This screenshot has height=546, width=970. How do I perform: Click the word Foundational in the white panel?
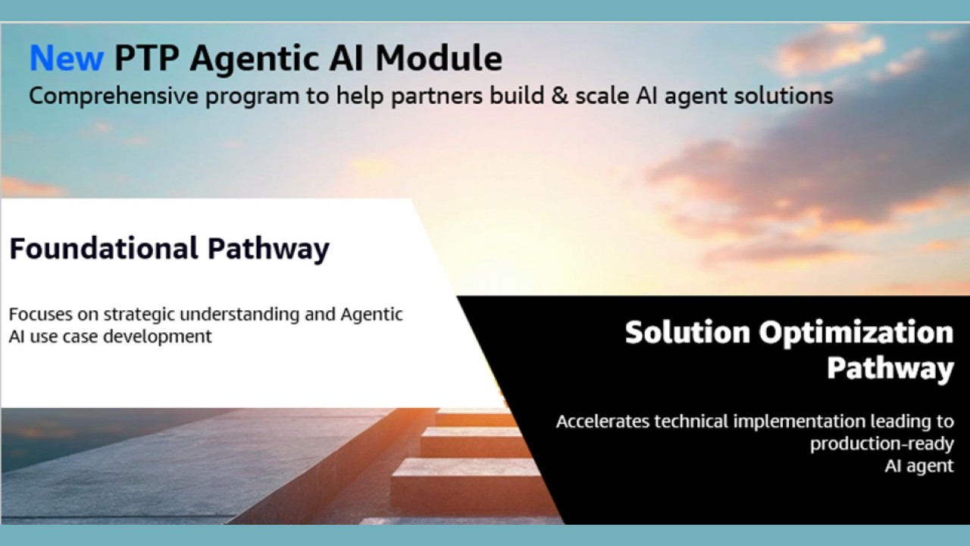click(x=103, y=249)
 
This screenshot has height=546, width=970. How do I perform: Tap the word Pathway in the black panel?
click(x=889, y=369)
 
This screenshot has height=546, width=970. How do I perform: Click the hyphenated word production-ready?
click(x=881, y=444)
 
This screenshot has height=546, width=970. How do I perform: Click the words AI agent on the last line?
click(x=918, y=466)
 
